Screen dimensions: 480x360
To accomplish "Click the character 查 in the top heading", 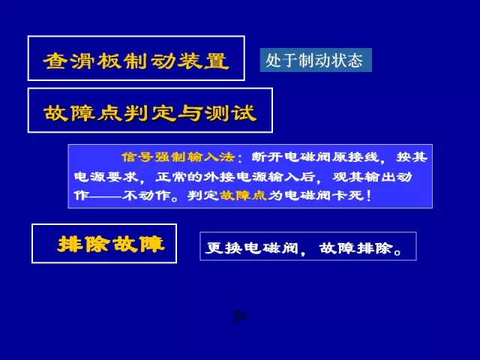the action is click(55, 61).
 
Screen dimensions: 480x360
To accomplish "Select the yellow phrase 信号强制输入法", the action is click(178, 157).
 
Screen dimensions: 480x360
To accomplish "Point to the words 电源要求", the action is click(106, 177).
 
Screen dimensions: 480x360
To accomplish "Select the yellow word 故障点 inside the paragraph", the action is click(243, 195).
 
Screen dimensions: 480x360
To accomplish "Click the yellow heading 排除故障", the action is click(111, 244).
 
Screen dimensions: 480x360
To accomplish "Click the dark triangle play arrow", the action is click(241, 316).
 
